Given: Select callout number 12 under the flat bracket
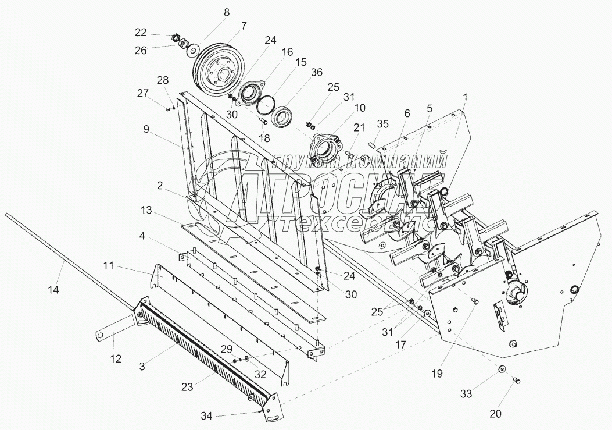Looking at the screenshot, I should click(x=116, y=359).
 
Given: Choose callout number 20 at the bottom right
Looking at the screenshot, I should click(x=495, y=414).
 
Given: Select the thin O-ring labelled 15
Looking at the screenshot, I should click(x=267, y=105).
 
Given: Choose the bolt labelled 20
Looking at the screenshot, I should click(x=516, y=381).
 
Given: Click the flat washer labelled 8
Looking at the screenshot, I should click(x=191, y=51).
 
